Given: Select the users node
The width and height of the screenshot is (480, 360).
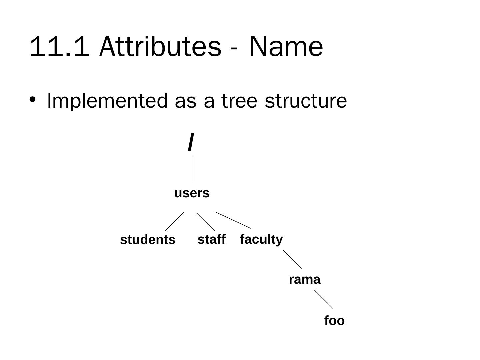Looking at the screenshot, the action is click(x=192, y=193).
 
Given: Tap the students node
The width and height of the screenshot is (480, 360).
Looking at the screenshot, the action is click(x=148, y=240).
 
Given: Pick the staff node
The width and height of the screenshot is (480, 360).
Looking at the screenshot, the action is click(x=211, y=239).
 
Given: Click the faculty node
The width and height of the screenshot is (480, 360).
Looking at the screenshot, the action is click(x=261, y=239).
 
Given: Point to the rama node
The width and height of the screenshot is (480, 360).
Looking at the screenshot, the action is click(x=304, y=279).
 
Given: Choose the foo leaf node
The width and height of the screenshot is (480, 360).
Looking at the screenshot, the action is click(x=334, y=321).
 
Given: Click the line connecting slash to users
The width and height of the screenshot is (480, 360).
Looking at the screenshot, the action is click(x=194, y=170).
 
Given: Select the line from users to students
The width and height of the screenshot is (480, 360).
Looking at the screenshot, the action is click(x=175, y=221).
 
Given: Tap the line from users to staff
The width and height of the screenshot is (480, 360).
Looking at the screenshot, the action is click(x=206, y=222).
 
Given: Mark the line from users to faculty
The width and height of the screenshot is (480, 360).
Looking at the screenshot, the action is click(x=233, y=220).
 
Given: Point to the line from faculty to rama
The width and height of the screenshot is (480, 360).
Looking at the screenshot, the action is click(x=293, y=259).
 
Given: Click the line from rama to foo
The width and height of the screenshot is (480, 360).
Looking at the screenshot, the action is click(x=324, y=299).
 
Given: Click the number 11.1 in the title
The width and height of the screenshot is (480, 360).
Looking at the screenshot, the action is click(x=60, y=47).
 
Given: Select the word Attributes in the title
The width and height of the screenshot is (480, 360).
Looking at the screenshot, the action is click(x=160, y=47).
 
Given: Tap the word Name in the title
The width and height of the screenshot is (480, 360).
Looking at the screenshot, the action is click(x=286, y=47).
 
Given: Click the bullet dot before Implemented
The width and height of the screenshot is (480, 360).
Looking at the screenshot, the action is click(x=32, y=99).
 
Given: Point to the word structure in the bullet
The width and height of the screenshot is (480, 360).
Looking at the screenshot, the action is click(x=306, y=101).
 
